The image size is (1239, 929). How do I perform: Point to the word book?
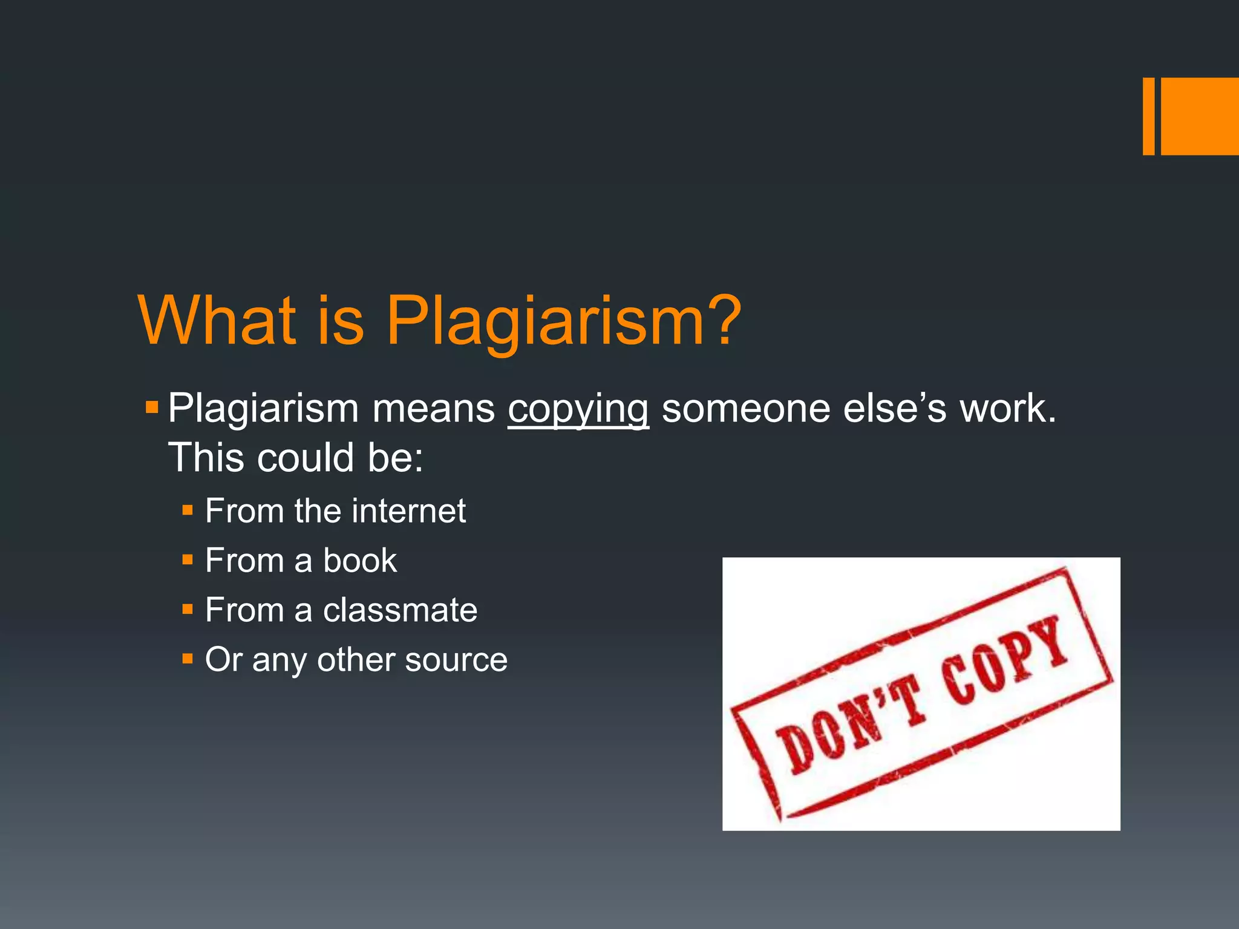coord(360,561)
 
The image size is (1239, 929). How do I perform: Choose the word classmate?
coord(400,610)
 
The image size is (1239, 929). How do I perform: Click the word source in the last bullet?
coord(456,660)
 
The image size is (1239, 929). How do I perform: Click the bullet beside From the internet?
coord(188,510)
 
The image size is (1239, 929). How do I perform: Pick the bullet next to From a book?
coord(188,560)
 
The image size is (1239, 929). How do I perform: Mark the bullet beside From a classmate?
coord(188,609)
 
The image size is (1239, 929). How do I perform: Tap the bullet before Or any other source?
coord(188,659)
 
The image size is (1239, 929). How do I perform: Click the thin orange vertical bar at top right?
coord(1148,116)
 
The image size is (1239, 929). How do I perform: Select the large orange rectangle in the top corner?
coord(1200,116)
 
